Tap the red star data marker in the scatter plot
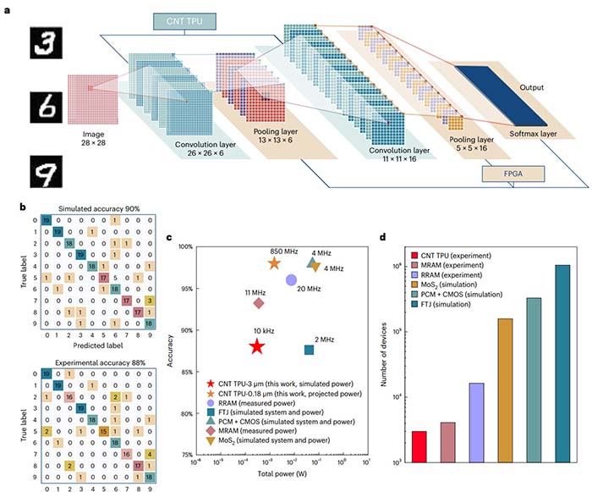click(x=257, y=346)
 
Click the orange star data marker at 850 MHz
click(x=274, y=263)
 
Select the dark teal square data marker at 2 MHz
click(x=310, y=350)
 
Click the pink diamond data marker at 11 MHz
click(x=258, y=303)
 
